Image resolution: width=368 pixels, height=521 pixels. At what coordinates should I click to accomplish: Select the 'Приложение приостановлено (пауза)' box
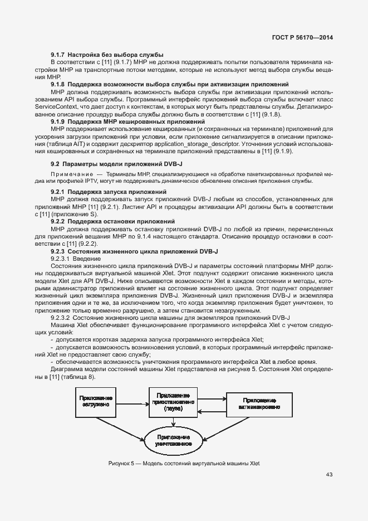coord(173,401)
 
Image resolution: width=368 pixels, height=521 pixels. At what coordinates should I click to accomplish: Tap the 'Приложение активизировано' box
coord(258,403)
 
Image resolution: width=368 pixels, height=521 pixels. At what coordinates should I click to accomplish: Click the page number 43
coord(329,475)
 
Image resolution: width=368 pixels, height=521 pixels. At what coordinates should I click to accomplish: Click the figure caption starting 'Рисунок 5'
coord(184,464)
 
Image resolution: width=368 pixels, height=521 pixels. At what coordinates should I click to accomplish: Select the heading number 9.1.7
coord(58,54)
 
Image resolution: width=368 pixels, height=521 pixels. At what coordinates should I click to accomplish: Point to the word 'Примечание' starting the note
coord(70,174)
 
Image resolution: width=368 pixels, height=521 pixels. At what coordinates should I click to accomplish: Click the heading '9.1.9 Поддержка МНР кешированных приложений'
coord(128,121)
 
